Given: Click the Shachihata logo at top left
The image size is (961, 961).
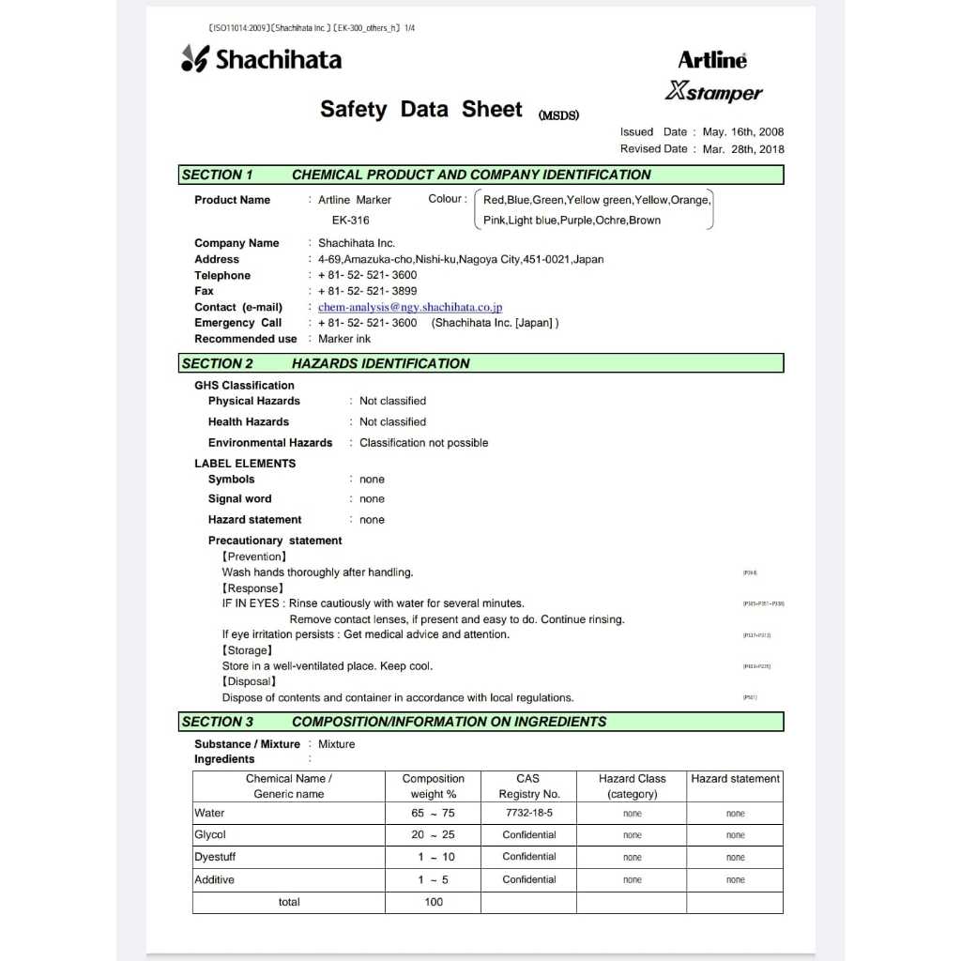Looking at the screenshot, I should pos(261,59).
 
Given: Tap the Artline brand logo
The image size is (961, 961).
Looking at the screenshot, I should pos(712,60).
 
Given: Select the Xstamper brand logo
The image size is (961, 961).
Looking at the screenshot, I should pos(713,92).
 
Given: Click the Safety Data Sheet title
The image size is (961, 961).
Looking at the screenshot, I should pos(420,110).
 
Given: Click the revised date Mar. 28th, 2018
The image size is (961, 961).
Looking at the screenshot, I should pos(742,149).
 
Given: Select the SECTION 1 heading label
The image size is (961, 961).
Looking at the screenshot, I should pos(218,175).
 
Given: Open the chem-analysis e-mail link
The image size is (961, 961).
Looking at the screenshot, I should pos(410,307).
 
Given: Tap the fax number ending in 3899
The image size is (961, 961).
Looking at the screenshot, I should pos(368,291).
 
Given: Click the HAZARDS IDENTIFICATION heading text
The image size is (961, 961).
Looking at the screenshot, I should pos(380,363).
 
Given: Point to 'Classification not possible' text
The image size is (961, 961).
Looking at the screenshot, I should pos(423,443).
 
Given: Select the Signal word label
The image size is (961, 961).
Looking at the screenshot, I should pos(239,499).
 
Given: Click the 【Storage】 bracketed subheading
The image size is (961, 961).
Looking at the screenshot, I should pos(248,650).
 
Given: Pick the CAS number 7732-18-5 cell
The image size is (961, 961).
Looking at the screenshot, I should pos(528,814).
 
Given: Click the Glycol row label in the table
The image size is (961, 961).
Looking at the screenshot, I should pos(210,835).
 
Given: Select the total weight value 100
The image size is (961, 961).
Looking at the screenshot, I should pos(433,902).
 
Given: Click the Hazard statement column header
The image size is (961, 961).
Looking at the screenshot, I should pos(735,779).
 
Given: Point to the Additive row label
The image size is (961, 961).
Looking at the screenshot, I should pos(214,879).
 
